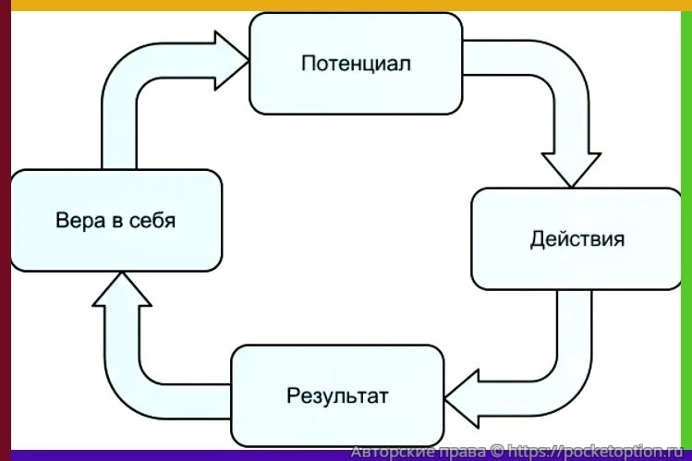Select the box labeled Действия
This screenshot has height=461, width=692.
point(577,238)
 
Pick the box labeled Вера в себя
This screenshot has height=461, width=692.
point(115,222)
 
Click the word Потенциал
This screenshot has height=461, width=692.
point(356,64)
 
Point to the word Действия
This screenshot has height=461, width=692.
point(577,239)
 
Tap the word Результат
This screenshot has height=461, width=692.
point(337,396)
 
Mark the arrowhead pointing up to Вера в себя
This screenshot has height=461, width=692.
point(121,291)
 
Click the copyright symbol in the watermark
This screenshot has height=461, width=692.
point(499,452)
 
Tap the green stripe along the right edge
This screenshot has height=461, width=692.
point(686,231)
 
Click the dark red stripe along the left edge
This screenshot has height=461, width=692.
point(5,231)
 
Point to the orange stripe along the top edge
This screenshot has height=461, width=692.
point(346,5)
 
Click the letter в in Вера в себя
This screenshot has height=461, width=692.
point(109,223)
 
